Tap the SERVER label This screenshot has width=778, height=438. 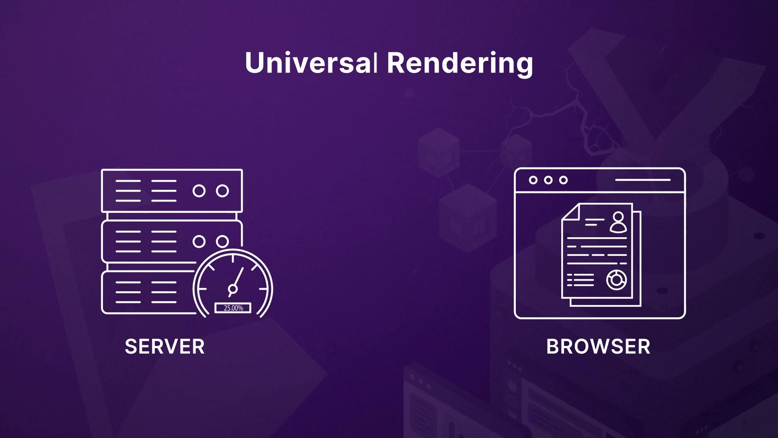[165, 346]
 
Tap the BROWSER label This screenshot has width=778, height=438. [598, 346]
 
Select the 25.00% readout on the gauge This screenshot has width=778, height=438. [233, 308]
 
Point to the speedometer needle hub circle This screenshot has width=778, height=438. [233, 289]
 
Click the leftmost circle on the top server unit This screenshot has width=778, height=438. [199, 191]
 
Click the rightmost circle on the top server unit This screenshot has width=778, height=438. [222, 191]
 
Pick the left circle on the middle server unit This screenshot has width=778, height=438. [199, 242]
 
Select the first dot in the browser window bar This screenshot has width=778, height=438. [533, 180]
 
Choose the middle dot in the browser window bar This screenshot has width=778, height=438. [548, 180]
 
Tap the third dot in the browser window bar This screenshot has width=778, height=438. [563, 180]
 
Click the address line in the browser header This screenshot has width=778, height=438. [643, 180]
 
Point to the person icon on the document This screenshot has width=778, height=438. [618, 222]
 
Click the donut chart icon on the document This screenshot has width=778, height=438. [616, 280]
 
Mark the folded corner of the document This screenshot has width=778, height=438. [570, 212]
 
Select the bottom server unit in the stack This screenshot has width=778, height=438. [148, 292]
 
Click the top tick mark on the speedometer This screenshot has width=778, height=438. [233, 258]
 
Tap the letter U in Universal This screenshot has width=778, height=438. [254, 63]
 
